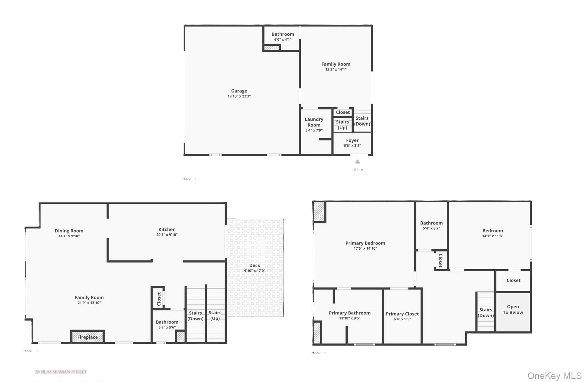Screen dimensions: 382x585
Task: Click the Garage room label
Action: point(239,91)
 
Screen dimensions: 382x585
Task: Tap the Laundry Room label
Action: point(314,122)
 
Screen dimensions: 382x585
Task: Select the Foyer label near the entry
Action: point(352,140)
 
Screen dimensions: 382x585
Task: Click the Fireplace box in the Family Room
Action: point(87,337)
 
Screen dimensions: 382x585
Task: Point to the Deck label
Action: point(255,265)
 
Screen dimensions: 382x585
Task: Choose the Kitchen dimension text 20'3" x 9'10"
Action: point(167,235)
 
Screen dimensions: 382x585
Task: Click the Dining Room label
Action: point(69,231)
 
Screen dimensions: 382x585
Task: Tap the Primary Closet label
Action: point(402,314)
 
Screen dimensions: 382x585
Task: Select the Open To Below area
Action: point(513,310)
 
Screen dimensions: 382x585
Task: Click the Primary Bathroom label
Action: point(350,313)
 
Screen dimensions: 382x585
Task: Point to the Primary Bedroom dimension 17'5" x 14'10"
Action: point(365,248)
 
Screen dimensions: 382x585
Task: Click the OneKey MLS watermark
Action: point(554,375)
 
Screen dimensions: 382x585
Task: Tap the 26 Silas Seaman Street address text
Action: point(61,372)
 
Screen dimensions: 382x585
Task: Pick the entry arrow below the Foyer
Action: point(358,162)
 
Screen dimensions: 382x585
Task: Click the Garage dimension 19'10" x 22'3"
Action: point(239,96)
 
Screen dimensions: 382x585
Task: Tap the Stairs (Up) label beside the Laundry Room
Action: point(342,125)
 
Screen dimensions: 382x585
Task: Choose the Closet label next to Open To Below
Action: point(513,280)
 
